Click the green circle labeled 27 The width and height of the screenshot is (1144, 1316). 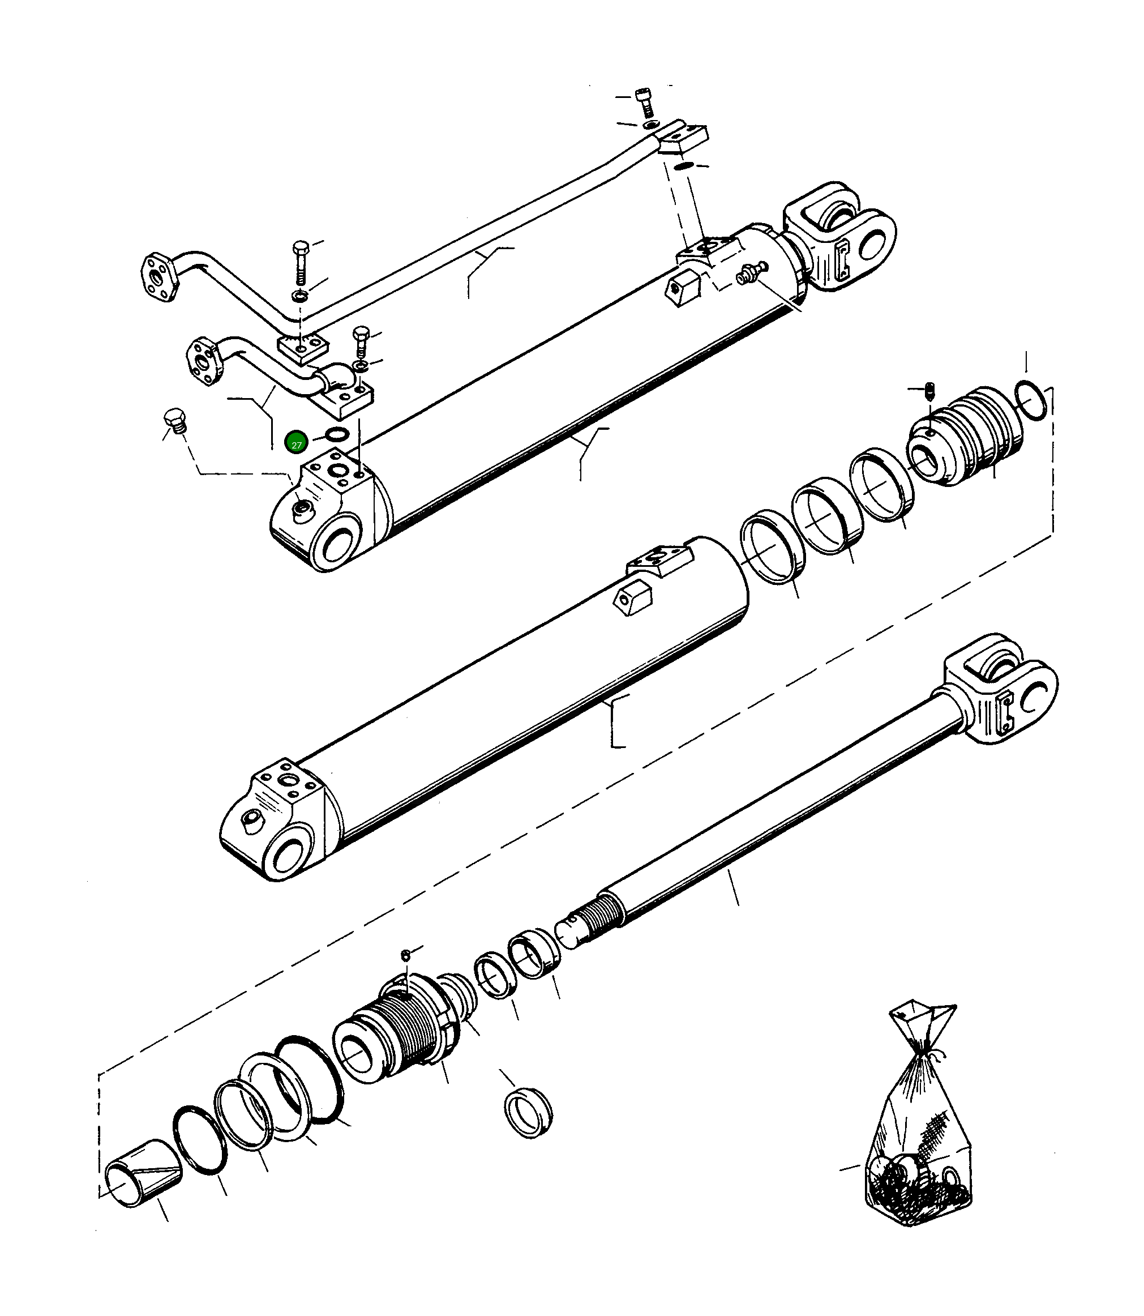[x=296, y=442]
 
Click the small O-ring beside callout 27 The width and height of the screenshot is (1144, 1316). [x=336, y=435]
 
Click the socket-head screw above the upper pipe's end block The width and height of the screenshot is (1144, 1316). [x=644, y=101]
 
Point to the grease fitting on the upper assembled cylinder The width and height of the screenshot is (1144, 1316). [x=747, y=276]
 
